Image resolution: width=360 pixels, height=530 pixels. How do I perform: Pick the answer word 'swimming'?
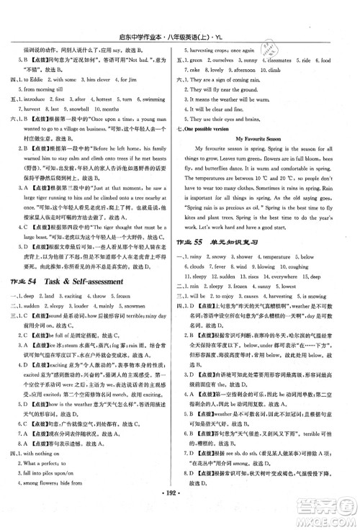click(x=154, y=96)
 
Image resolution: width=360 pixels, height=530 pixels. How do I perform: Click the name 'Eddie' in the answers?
click(x=37, y=60)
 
